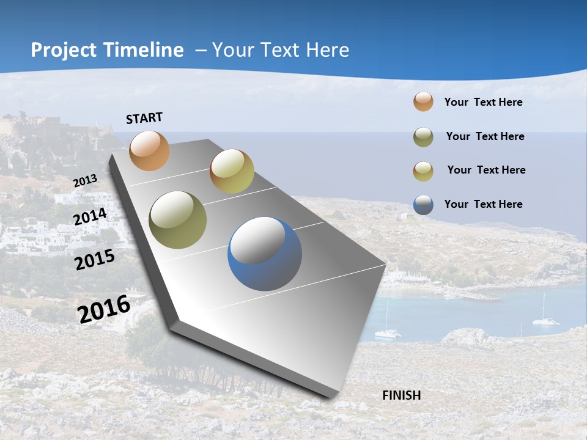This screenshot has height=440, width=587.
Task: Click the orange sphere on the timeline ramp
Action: [x=149, y=150]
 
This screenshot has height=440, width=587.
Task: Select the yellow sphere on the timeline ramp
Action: [x=232, y=171]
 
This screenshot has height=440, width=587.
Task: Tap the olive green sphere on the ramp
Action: [x=178, y=220]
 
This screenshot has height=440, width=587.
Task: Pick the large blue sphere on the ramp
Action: [x=265, y=254]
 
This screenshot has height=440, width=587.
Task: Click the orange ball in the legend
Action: [x=423, y=102]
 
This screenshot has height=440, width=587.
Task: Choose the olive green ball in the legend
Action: [x=423, y=136]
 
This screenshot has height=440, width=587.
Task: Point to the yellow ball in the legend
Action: [x=423, y=170]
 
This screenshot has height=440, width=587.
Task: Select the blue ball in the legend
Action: [x=423, y=204]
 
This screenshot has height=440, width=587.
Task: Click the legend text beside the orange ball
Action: [x=483, y=102]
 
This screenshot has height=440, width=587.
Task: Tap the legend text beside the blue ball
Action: [x=483, y=204]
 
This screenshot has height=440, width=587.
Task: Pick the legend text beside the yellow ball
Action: [x=486, y=170]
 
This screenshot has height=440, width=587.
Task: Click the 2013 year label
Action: [x=85, y=181]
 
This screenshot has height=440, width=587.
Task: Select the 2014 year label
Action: [x=90, y=217]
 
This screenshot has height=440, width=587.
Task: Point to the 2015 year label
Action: [x=95, y=260]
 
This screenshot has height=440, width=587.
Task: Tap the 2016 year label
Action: [x=104, y=309]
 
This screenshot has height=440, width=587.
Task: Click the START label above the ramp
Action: [x=144, y=118]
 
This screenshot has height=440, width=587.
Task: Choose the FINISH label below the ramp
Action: [x=401, y=395]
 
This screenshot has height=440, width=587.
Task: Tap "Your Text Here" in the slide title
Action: [x=280, y=50]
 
